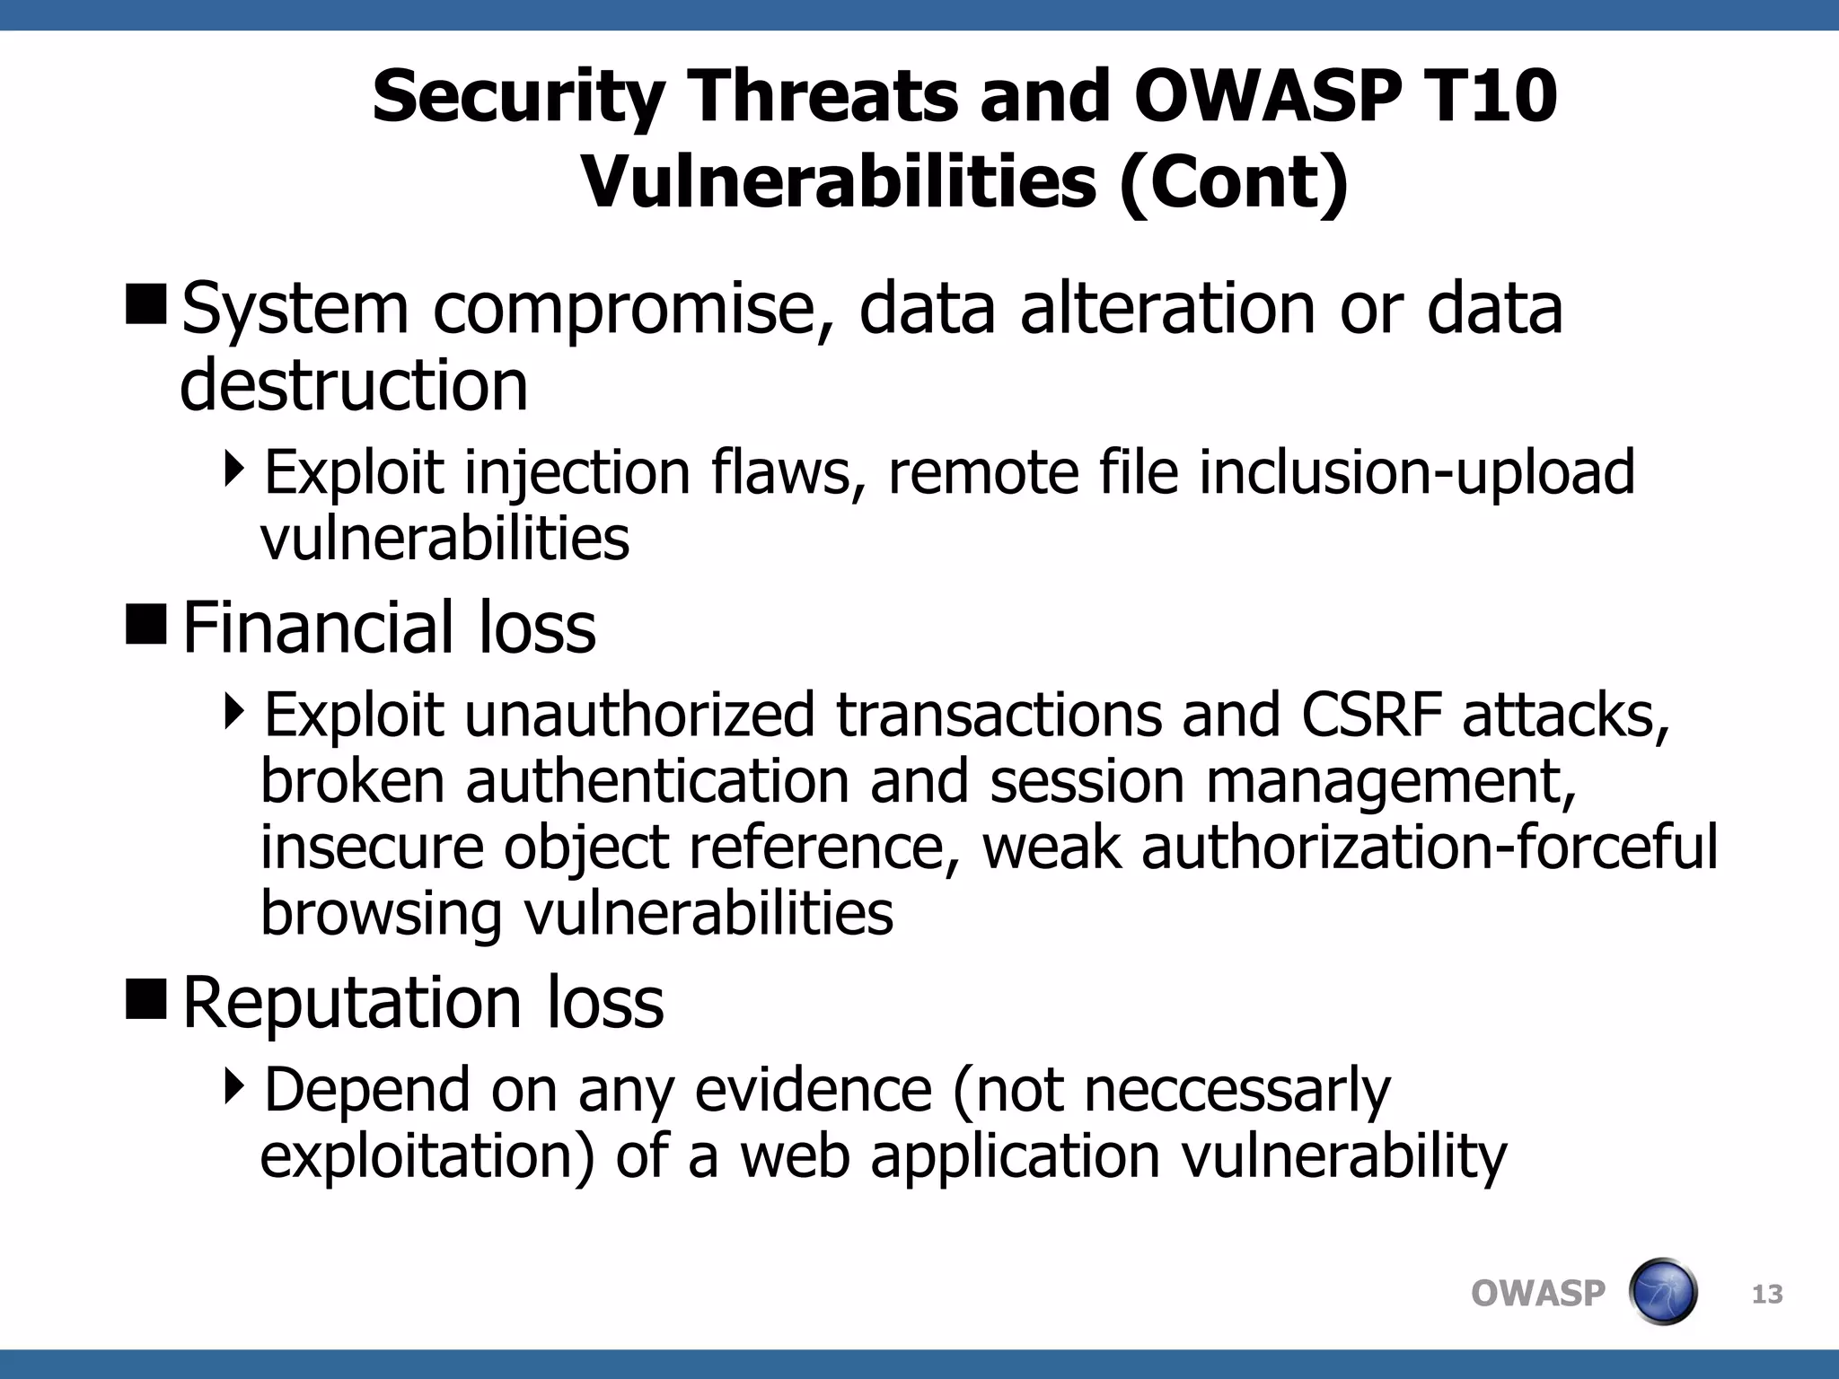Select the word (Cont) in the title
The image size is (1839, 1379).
click(x=1234, y=182)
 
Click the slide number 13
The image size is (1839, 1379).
click(x=1767, y=1295)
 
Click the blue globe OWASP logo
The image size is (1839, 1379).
click(x=1662, y=1292)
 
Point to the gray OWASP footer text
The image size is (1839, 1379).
click(x=1537, y=1294)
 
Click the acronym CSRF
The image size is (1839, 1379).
click(x=1371, y=716)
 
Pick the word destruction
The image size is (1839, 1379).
click(x=354, y=386)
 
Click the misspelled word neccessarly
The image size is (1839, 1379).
click(x=1236, y=1090)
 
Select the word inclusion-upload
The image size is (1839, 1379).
click(x=1416, y=472)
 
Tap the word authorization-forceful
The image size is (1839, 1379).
click(x=1429, y=848)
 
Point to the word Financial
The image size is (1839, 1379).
click(x=318, y=628)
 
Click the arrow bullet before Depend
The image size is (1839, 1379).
click(x=234, y=1086)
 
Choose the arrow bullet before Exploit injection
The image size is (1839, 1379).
click(x=234, y=469)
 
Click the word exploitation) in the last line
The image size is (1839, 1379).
click(x=427, y=1156)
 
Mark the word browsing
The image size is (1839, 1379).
click(x=381, y=914)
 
